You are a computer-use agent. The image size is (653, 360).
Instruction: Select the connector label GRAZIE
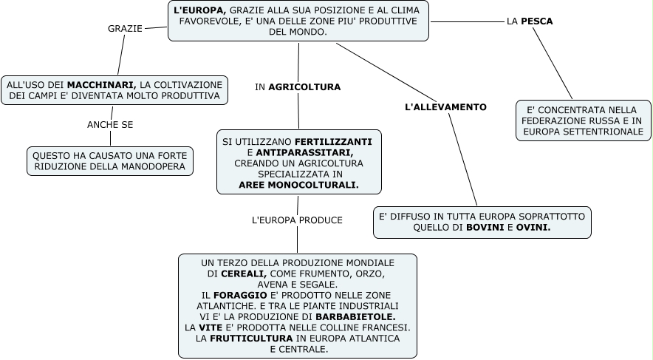coord(125,28)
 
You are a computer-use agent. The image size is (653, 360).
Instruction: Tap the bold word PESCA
coord(537,21)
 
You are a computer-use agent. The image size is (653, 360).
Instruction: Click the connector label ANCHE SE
coord(110,125)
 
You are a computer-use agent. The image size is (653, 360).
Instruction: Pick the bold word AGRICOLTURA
coord(304,87)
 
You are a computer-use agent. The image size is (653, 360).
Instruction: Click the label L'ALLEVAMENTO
coord(446,107)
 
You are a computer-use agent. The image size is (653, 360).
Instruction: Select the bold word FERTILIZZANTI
coord(333,140)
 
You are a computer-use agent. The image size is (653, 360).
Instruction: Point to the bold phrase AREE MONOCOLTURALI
coord(298,185)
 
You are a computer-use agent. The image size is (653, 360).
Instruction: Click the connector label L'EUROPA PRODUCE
coord(297,220)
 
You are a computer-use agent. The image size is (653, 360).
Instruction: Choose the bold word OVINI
coord(533,228)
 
